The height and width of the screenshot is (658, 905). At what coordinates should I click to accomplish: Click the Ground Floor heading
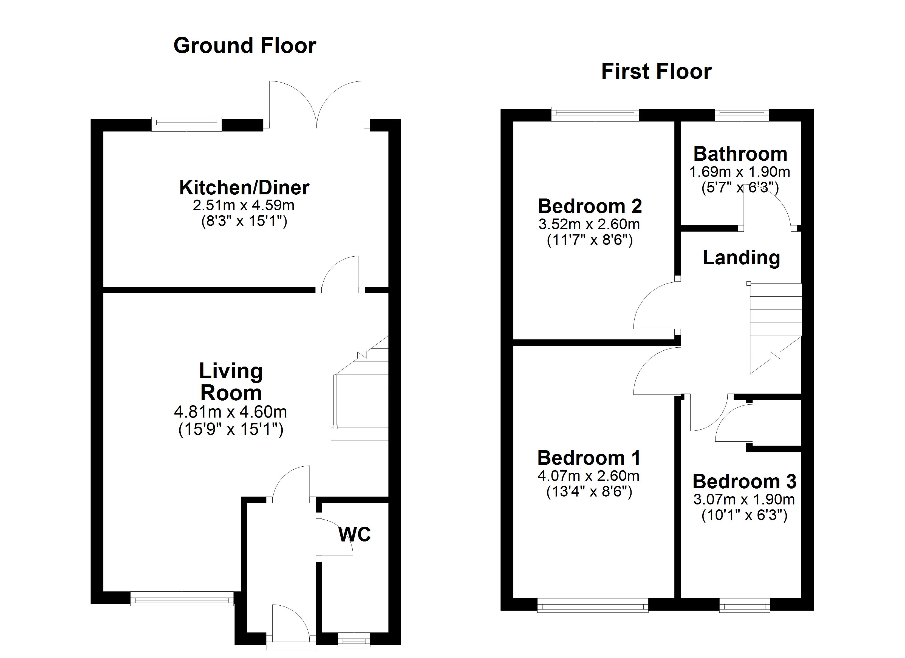(245, 46)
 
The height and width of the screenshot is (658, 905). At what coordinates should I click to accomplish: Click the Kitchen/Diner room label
(244, 188)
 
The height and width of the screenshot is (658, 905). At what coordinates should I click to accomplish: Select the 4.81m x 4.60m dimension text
(230, 412)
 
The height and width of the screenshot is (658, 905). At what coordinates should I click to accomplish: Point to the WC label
(354, 534)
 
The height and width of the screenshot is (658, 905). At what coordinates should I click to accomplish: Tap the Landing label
(741, 257)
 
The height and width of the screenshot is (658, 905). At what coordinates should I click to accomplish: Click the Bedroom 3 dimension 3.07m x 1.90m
(744, 499)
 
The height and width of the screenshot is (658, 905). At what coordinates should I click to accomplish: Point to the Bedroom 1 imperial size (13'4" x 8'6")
(589, 492)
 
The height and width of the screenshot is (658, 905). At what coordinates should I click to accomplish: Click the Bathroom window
(741, 114)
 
